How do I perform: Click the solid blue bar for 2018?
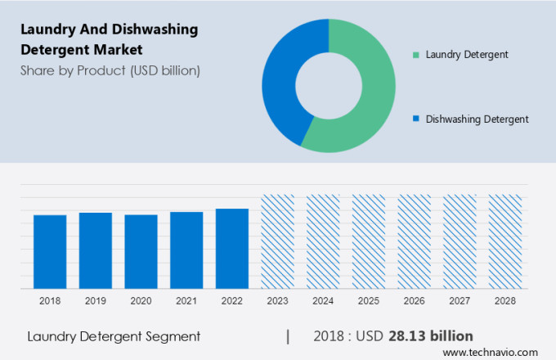click(50, 252)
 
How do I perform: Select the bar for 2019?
click(96, 250)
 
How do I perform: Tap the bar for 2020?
click(141, 252)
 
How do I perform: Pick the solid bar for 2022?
click(232, 249)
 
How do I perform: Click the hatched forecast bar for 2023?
click(277, 241)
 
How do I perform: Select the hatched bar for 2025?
click(369, 241)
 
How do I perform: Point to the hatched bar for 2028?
click(505, 241)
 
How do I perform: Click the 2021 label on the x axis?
click(186, 301)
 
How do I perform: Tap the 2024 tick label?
click(323, 301)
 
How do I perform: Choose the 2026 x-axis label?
click(414, 301)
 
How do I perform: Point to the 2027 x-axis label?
click(460, 301)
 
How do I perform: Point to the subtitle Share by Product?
click(110, 70)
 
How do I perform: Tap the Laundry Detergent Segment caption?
click(114, 336)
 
